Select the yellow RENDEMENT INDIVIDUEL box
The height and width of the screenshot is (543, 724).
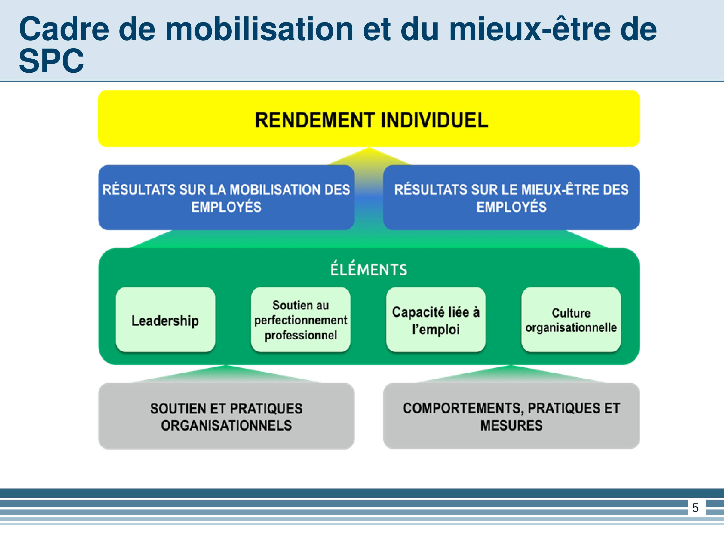coord(369,118)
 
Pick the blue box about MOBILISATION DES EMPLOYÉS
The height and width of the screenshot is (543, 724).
coord(226,197)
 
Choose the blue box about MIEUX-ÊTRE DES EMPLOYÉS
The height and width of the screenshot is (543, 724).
coord(511,197)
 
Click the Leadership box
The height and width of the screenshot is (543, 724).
coord(165,320)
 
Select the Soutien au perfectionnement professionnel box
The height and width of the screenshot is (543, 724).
coord(300,320)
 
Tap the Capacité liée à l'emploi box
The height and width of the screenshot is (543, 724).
coord(436,320)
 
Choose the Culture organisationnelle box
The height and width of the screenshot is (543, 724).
coord(571,320)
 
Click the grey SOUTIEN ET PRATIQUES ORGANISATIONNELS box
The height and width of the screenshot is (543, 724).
coord(226,416)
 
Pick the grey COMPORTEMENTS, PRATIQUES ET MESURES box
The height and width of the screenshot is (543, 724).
coord(511,416)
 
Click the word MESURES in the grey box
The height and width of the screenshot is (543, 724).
coord(511,425)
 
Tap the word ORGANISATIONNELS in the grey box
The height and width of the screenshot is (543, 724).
coord(226,425)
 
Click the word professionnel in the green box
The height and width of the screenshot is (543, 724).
coord(300,335)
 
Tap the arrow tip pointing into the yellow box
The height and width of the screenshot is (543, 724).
coord(369,148)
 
